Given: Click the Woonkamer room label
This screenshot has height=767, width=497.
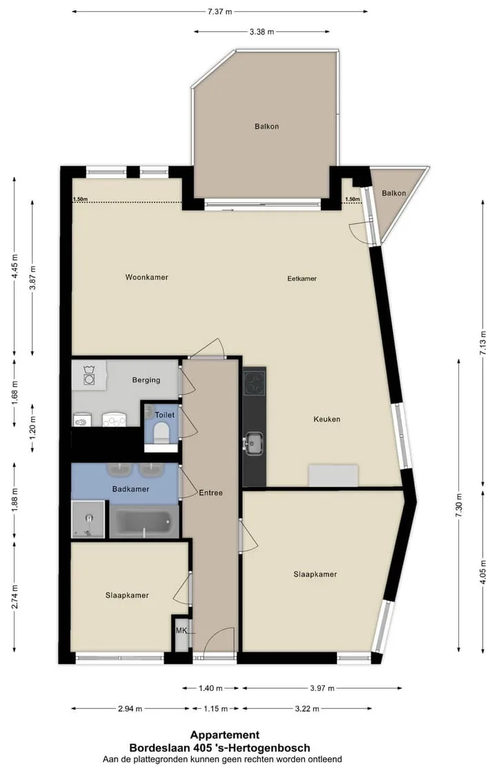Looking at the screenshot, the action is (146, 277).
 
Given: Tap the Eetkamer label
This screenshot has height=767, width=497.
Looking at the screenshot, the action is (302, 279).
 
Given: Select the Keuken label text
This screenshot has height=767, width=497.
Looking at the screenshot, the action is (327, 419).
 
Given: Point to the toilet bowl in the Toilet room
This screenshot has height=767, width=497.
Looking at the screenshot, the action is (161, 433).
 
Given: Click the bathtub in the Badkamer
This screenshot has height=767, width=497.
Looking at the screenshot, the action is (144, 522).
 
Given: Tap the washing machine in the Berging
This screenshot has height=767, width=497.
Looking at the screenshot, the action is (89, 376).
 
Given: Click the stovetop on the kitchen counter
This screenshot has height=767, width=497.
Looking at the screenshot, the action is (255, 381).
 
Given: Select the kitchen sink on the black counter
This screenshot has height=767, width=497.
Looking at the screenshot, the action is (254, 443).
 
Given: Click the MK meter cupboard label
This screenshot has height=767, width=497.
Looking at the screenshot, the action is (182, 630).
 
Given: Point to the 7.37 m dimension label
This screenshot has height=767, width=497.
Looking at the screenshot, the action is (220, 12).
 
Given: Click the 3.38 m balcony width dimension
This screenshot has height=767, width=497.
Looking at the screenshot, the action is (262, 32).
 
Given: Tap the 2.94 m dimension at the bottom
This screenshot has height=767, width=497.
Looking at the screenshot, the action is (130, 708).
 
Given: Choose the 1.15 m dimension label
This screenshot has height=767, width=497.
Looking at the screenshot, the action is (215, 708).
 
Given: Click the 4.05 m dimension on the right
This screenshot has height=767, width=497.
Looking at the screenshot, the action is (483, 571).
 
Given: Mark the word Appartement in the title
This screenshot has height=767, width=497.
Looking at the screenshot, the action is (225, 735).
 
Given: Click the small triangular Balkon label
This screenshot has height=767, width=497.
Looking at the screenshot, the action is (394, 193).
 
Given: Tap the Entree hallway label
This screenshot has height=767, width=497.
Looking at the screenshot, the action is (211, 493).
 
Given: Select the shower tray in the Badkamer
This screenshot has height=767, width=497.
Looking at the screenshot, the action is (88, 519).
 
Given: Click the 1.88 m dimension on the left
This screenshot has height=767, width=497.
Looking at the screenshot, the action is (14, 500).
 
